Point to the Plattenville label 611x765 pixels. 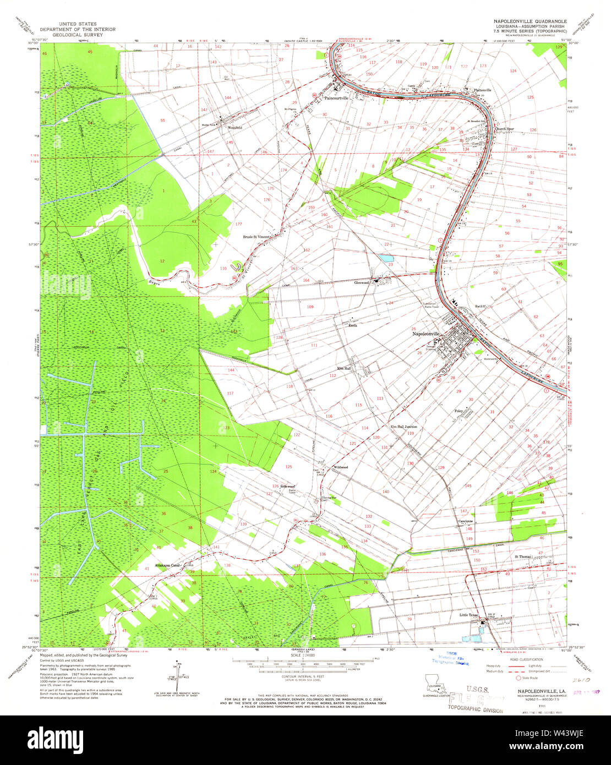479,90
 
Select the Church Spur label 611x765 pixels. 504,129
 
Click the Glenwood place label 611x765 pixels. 361,282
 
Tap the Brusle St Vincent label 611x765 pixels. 257,237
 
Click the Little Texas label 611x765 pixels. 470,615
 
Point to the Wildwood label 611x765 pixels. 340,467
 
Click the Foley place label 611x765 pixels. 459,411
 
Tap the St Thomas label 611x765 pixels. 523,557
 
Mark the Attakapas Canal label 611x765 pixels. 168,565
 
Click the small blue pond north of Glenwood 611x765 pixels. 386,258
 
